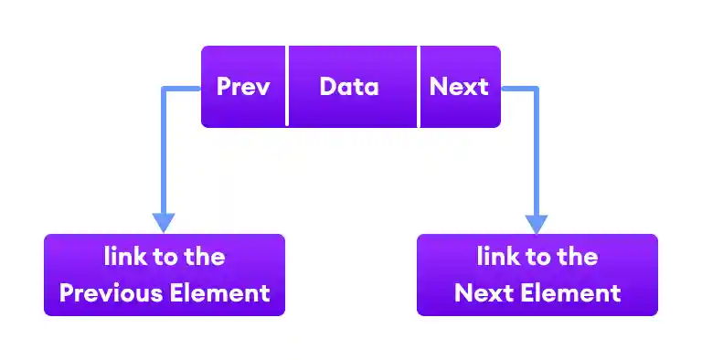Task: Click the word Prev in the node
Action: point(243,87)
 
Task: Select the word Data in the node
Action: point(349,87)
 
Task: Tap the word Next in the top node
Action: point(459,87)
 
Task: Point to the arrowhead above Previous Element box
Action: point(164,222)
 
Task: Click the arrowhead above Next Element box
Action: point(537,222)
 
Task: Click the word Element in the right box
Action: point(576,292)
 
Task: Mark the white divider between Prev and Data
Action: point(287,87)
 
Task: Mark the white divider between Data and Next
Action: point(419,87)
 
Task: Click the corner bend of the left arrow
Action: point(164,89)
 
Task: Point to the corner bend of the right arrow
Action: point(537,89)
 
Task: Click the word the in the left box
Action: point(205,257)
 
